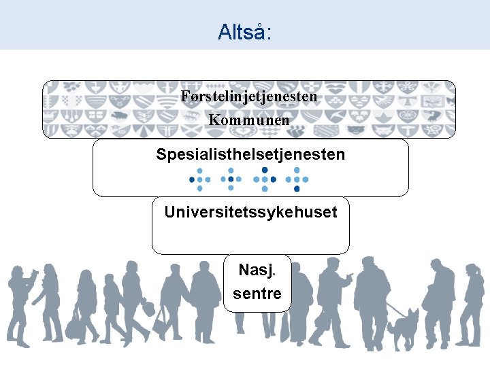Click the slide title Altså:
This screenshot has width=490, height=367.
[x=244, y=31]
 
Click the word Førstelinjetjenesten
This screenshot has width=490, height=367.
[x=249, y=97]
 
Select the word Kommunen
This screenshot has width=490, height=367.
[x=249, y=120]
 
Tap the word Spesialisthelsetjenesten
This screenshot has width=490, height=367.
[x=250, y=154]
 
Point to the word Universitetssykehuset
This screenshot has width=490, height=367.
[x=250, y=212]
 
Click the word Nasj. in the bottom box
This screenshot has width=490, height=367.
[x=255, y=270]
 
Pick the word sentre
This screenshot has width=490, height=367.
[x=257, y=294]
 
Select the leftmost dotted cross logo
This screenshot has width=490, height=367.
[x=200, y=180]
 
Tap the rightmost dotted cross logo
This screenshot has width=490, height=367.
[x=298, y=180]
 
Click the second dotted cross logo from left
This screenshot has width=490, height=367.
[x=232, y=180]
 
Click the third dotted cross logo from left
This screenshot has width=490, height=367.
[x=265, y=179]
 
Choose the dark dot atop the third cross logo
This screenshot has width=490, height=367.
[x=265, y=170]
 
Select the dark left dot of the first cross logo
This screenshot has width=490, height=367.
[x=192, y=180]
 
